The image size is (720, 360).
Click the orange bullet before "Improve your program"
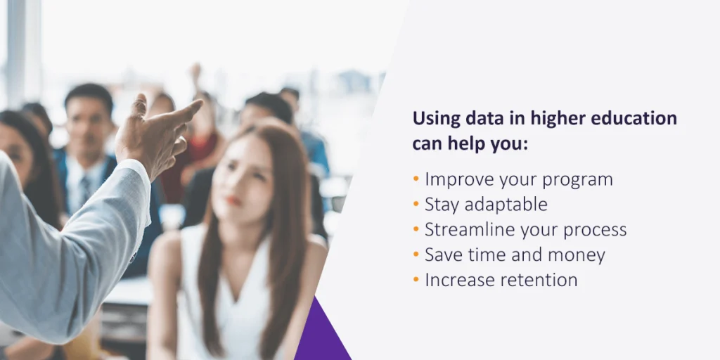pos(416,179)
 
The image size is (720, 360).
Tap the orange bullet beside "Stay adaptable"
pos(416,204)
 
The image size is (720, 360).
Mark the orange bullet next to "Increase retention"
pos(416,279)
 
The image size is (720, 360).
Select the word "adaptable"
pos(506,205)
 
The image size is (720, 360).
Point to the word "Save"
pos(442,255)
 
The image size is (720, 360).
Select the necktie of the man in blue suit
pos(85,189)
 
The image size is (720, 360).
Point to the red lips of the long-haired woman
pos(233,200)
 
